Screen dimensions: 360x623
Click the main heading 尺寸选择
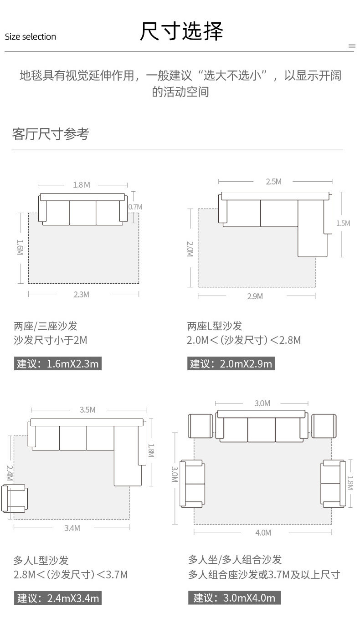coord(181,32)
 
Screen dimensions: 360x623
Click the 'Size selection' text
coord(31,37)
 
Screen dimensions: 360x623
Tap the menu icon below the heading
coord(351,46)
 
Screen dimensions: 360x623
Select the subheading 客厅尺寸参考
coord(51,134)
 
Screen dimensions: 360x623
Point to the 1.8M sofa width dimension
coord(82,185)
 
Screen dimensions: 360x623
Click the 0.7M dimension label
coord(135,207)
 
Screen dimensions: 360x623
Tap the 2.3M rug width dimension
coord(82,295)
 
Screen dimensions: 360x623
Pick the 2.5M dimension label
coord(273,182)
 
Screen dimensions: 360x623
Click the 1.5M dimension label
coord(343,223)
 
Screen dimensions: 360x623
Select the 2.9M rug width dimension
coord(255,296)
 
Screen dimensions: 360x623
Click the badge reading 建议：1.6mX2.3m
coord(57,363)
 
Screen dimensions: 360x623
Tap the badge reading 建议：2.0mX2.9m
coord(231,363)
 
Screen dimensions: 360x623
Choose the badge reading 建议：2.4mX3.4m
coord(57,598)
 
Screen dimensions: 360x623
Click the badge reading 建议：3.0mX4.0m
coord(234,597)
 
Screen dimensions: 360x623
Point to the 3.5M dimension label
coord(87,410)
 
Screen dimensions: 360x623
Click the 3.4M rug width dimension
coord(72,528)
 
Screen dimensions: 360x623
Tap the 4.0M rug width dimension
coord(263,533)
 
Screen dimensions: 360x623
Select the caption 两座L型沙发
coord(215,326)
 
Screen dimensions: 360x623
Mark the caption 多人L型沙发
coord(41,560)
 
